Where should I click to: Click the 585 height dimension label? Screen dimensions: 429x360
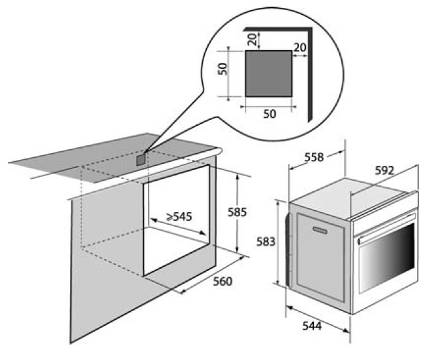tap(237, 212)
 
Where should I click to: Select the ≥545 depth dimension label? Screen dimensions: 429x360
tap(179, 217)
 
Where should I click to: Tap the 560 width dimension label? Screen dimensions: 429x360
tap(223, 281)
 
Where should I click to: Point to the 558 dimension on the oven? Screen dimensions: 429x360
tap(315, 157)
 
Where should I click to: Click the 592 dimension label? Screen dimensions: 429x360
tap(384, 171)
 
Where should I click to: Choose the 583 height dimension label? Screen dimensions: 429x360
tap(266, 242)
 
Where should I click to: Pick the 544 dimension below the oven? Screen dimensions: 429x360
tap(312, 326)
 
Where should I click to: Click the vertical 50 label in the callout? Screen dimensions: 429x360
tap(222, 69)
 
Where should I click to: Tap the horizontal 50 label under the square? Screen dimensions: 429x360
tap(270, 114)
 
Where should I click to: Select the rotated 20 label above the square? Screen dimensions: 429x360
tap(253, 39)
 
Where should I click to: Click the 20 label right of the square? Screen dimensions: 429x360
tap(300, 48)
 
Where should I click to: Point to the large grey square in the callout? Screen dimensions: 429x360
tap(268, 74)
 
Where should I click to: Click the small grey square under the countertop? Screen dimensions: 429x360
tap(141, 159)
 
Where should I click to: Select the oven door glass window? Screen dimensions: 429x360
tap(388, 259)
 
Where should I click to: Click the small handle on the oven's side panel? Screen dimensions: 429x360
tap(320, 230)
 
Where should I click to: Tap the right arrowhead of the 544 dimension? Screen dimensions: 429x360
tap(347, 331)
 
